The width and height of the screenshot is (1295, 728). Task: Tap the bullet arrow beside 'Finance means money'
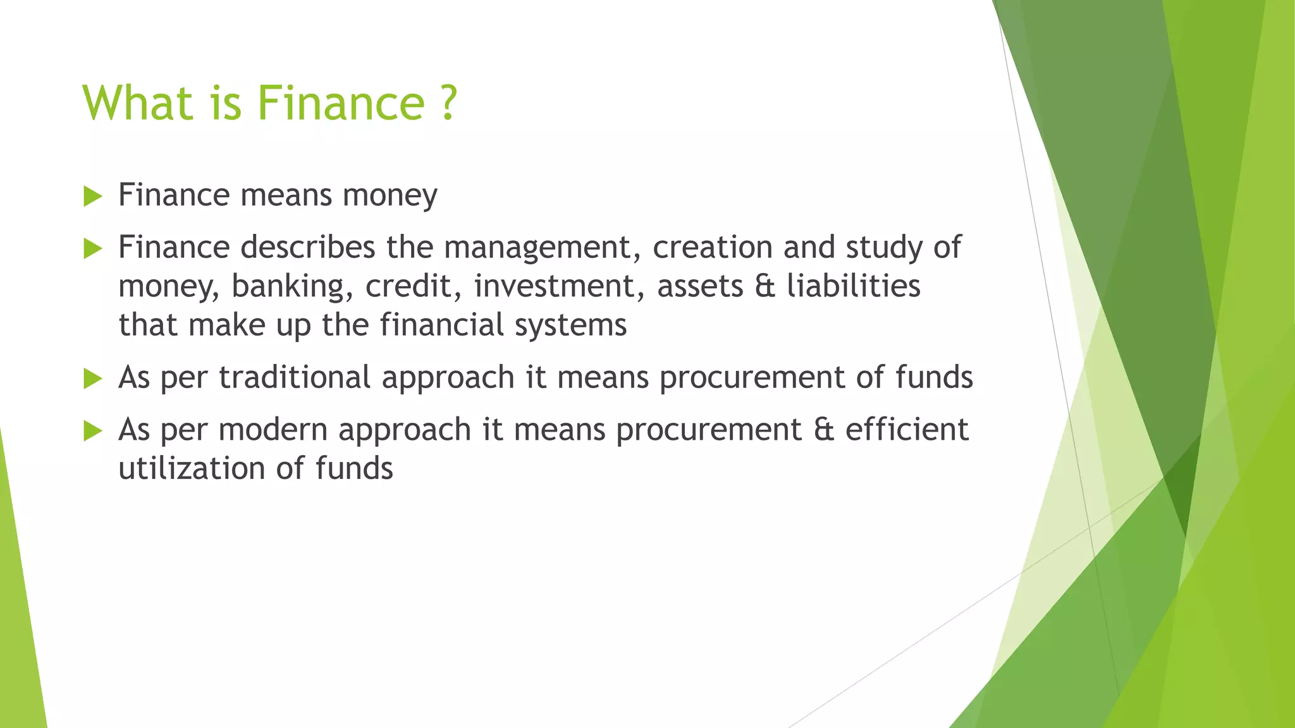(92, 196)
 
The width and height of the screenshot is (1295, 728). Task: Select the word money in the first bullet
(390, 195)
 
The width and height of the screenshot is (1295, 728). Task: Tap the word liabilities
(854, 286)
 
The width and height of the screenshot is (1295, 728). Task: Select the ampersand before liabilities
(764, 286)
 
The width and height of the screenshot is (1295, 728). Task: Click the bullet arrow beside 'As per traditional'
(92, 379)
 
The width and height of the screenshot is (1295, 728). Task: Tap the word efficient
(907, 430)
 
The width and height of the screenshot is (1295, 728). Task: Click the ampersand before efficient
(824, 430)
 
